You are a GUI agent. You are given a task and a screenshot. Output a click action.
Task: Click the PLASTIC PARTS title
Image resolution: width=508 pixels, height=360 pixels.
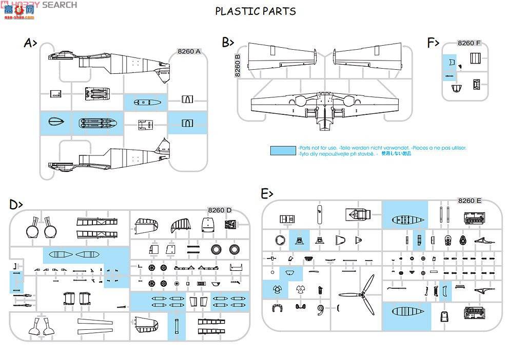pyautogui.click(x=256, y=11)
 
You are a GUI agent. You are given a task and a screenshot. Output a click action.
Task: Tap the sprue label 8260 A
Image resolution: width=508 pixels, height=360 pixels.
pyautogui.click(x=189, y=51)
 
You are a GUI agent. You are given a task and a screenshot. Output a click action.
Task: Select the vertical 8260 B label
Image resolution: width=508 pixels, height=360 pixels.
pyautogui.click(x=237, y=65)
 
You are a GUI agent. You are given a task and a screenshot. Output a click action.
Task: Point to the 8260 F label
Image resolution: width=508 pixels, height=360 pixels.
pyautogui.click(x=468, y=43)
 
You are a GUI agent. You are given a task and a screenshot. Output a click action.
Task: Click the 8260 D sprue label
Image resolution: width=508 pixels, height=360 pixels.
pyautogui.click(x=220, y=210)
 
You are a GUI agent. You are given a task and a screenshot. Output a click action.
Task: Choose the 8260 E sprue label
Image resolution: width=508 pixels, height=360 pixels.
pyautogui.click(x=469, y=201)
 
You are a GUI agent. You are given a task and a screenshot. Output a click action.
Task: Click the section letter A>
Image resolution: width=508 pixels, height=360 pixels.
pyautogui.click(x=30, y=43)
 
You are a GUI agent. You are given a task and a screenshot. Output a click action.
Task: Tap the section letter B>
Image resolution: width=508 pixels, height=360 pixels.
pyautogui.click(x=228, y=43)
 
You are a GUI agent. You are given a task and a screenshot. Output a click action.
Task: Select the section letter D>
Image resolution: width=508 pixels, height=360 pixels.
pyautogui.click(x=16, y=205)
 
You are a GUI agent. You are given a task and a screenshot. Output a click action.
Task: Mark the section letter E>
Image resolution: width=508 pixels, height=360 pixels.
pyautogui.click(x=267, y=194)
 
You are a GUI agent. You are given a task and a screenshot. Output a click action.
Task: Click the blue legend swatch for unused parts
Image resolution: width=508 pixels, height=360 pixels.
pyautogui.click(x=283, y=150)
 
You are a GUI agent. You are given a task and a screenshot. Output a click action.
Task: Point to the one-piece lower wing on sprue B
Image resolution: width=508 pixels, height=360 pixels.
pyautogui.click(x=323, y=105)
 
